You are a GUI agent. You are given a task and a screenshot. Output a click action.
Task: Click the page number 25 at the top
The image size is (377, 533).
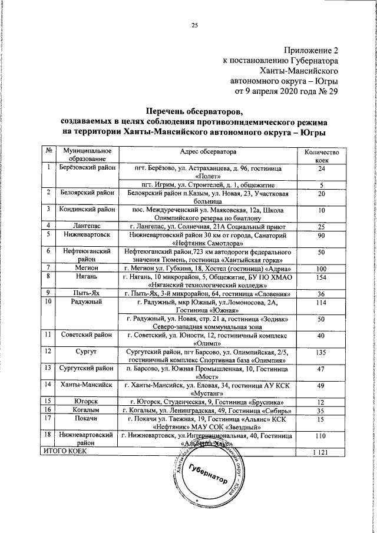click(x=194, y=24)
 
